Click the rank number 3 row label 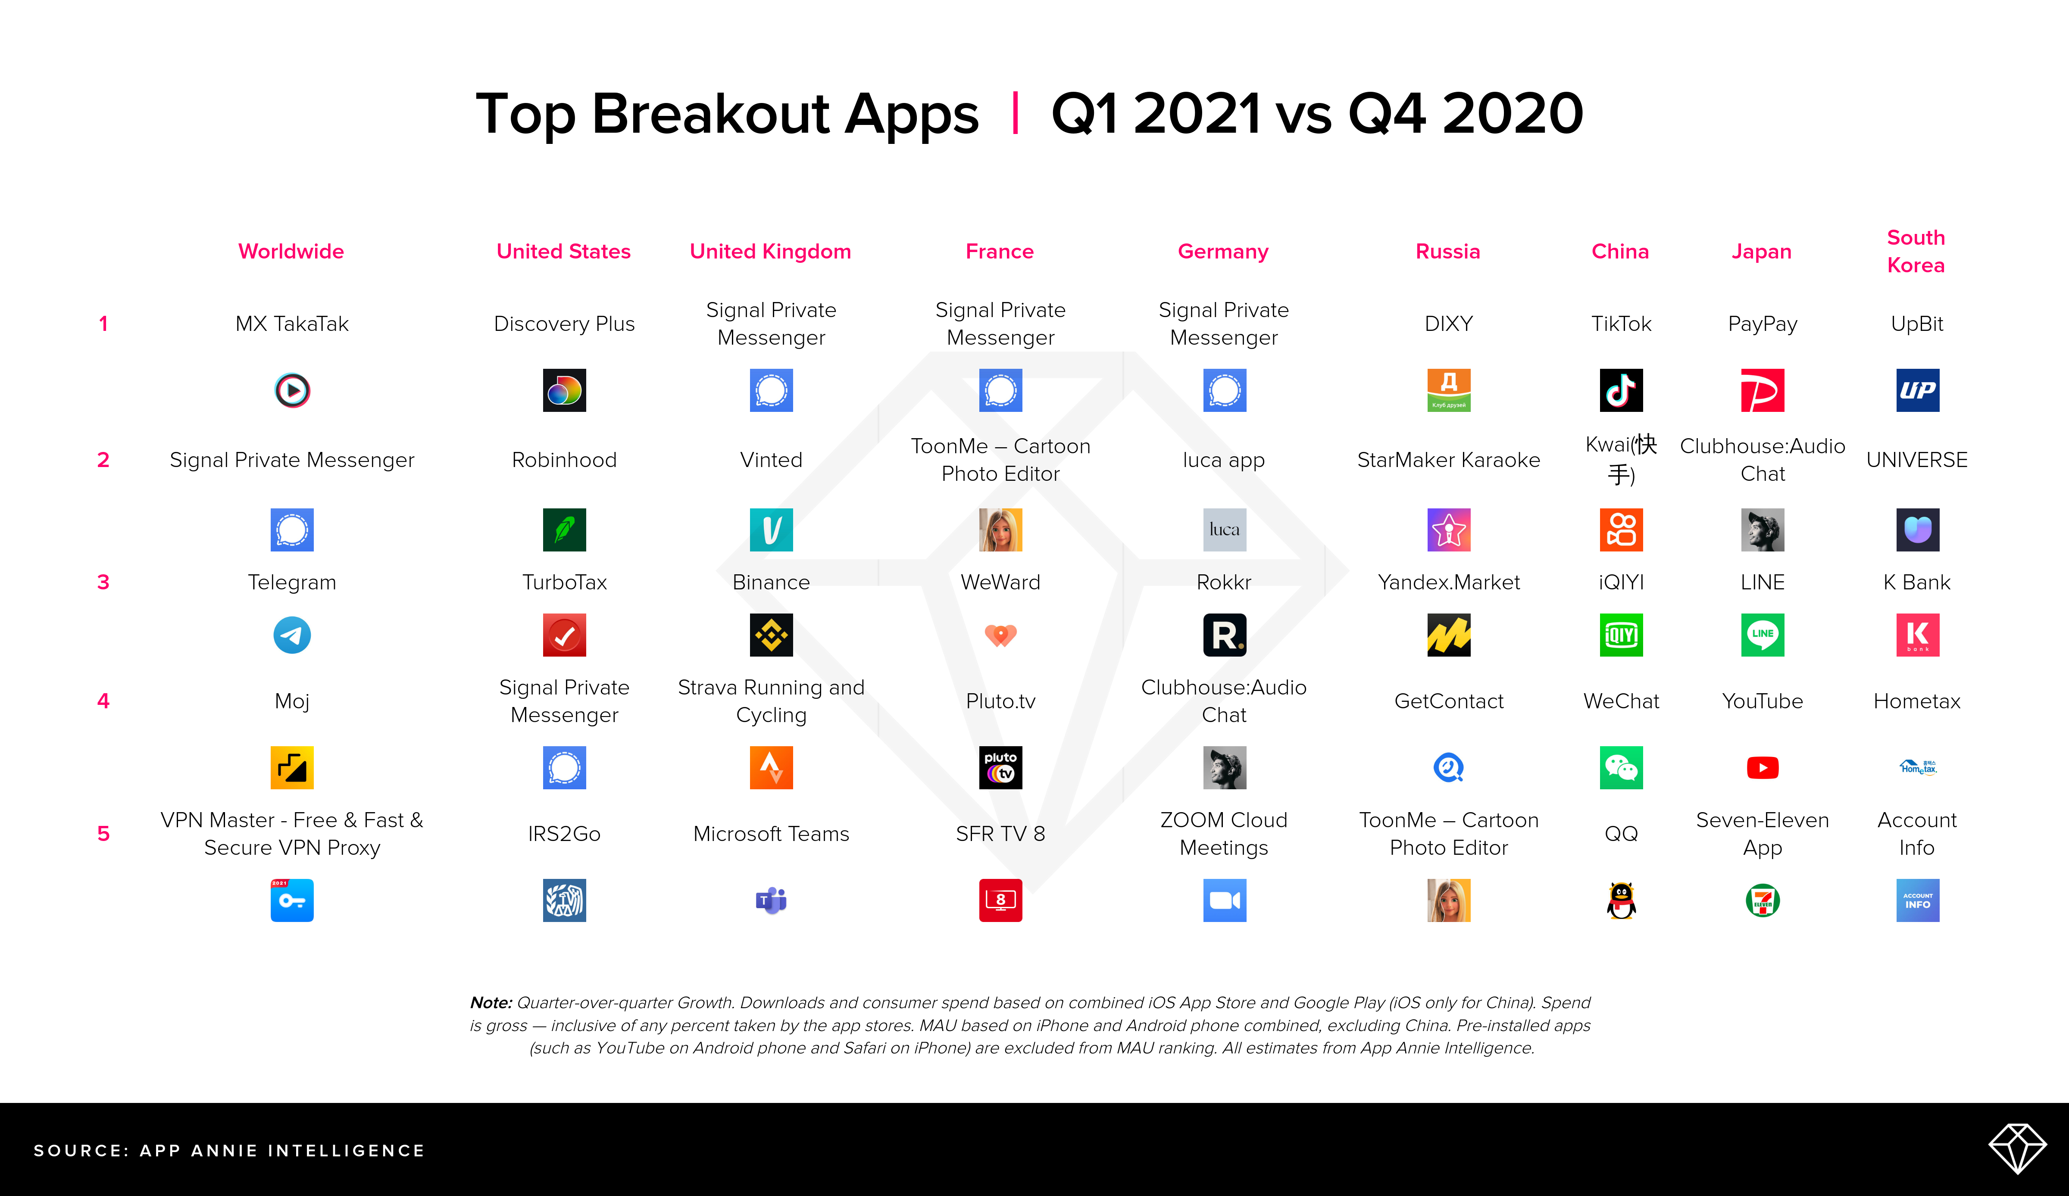103,582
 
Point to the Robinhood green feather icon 564,529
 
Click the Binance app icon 771,635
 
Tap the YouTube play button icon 1763,767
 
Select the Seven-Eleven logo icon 1763,900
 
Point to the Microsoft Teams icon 771,900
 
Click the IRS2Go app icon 564,900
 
